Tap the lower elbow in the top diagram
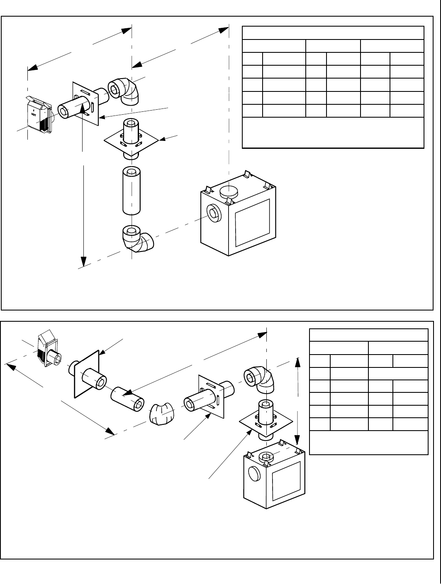(x=138, y=239)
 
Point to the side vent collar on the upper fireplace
(x=214, y=214)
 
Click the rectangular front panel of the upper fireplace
(x=252, y=222)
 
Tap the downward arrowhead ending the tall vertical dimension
(x=84, y=261)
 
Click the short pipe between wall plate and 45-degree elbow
(x=128, y=399)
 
